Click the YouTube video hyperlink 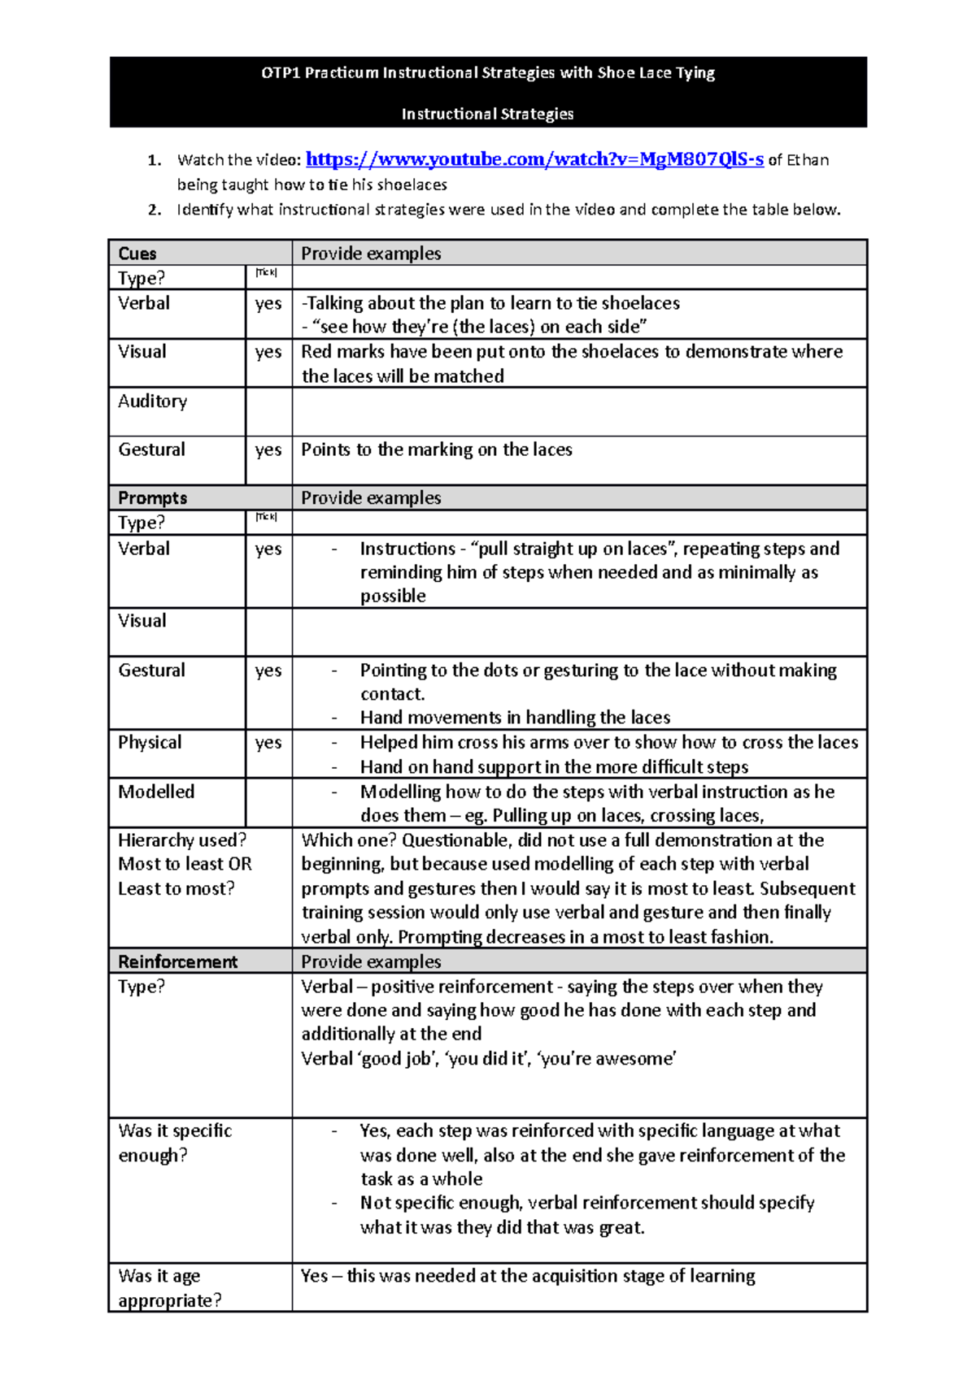[534, 159]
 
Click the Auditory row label [152, 401]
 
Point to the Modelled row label [156, 792]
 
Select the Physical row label [150, 743]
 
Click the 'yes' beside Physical [268, 743]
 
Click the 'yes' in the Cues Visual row [268, 352]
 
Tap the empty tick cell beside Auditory [268, 411]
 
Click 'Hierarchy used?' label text [182, 840]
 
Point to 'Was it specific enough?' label [175, 1143]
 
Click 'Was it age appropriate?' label [169, 1288]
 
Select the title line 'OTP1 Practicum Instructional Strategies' [487, 73]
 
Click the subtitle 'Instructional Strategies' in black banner [487, 115]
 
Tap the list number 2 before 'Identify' [154, 210]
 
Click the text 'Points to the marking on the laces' [437, 449]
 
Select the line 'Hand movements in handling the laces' [515, 718]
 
